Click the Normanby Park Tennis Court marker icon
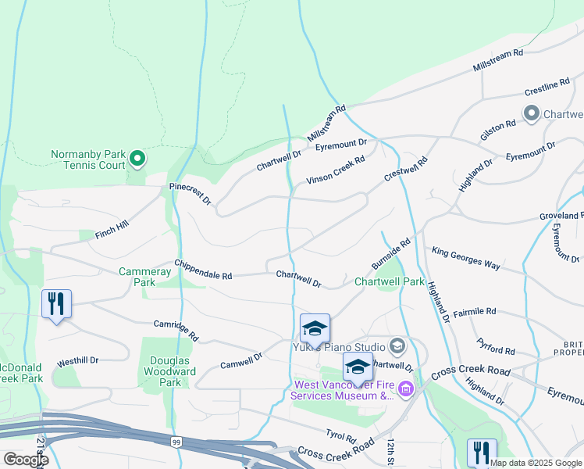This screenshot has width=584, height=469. [137, 159]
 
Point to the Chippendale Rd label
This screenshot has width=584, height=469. [203, 270]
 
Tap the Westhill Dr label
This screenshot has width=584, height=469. [78, 361]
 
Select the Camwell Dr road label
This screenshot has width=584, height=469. [241, 360]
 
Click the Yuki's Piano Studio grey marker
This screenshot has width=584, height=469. [397, 346]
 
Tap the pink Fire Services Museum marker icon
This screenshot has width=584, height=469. [405, 388]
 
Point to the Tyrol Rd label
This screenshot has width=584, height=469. [340, 435]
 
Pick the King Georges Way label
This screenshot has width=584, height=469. [465, 259]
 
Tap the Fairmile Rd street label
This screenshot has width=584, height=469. [474, 311]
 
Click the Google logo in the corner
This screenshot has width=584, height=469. [25, 459]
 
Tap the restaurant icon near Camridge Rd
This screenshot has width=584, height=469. [56, 303]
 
